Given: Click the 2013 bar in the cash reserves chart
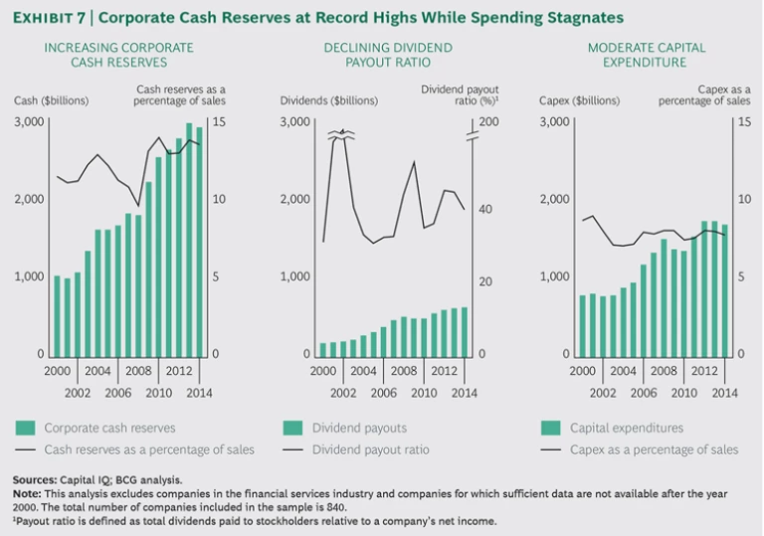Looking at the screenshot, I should [190, 240].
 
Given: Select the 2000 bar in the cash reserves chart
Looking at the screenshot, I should [57, 315].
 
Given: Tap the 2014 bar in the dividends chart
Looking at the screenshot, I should [463, 331].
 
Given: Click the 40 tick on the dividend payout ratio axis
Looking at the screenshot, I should [485, 209].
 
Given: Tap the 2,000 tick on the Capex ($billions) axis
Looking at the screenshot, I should [553, 199].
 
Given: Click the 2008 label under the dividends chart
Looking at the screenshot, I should [403, 370].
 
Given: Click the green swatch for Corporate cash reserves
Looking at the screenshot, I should [25, 429].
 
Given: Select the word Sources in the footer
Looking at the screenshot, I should [33, 480].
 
